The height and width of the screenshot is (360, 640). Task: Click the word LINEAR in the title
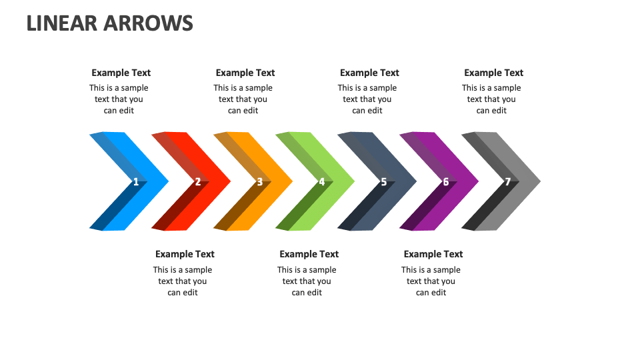coord(62,23)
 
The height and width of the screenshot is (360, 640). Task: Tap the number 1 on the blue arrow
coord(136,181)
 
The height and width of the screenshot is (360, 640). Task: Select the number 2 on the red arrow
coord(198,181)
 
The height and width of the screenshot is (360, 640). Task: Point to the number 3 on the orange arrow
coord(260,181)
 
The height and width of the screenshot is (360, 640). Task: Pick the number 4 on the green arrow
coord(322,181)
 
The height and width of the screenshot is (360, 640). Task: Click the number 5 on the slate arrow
coord(384,181)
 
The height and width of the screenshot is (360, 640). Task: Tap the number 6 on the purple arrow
coord(446,181)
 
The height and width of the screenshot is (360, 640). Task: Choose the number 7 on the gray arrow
coord(508,181)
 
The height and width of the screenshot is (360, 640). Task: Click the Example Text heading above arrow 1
coord(121,73)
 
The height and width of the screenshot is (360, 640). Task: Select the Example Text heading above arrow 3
coord(245,73)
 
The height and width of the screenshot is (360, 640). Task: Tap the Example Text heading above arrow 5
coord(369,73)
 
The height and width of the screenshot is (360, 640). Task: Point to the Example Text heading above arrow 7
coord(494,73)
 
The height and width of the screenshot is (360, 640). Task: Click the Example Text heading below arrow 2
coord(185,254)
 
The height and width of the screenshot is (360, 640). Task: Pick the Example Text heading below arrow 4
coord(309,254)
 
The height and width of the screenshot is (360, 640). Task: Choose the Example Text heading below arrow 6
coord(433,254)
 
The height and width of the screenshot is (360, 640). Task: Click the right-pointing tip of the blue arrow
coord(166,181)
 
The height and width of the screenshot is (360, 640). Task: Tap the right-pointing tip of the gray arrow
coord(538,181)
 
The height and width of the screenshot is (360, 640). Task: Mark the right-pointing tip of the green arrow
coord(352,181)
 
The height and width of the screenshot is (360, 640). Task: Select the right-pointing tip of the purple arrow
coord(476,181)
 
